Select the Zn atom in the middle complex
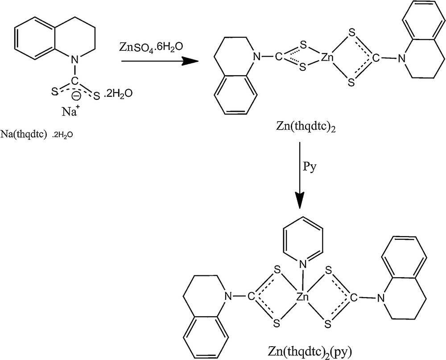327,57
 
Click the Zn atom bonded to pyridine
303,296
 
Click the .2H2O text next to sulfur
117,94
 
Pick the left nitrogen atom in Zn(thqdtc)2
256,57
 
